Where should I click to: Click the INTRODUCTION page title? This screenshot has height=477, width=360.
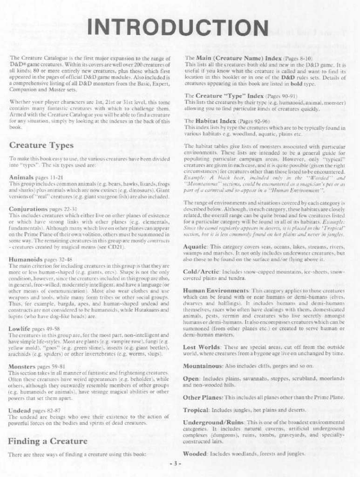click(x=180, y=28)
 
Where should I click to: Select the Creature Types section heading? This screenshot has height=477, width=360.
click(x=41, y=145)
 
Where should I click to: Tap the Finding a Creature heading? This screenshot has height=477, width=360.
click(x=48, y=441)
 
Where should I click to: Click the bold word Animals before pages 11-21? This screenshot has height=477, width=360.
click(x=21, y=177)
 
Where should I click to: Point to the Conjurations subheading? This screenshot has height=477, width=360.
click(x=27, y=209)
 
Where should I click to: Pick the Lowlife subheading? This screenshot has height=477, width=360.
click(x=20, y=329)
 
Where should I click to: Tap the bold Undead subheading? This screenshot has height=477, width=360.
click(x=20, y=410)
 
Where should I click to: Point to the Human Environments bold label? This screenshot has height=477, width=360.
click(x=216, y=290)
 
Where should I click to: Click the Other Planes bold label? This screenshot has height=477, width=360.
click(x=203, y=398)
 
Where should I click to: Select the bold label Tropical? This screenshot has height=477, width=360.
click(x=196, y=410)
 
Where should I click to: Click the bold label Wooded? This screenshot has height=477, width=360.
click(x=195, y=453)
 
